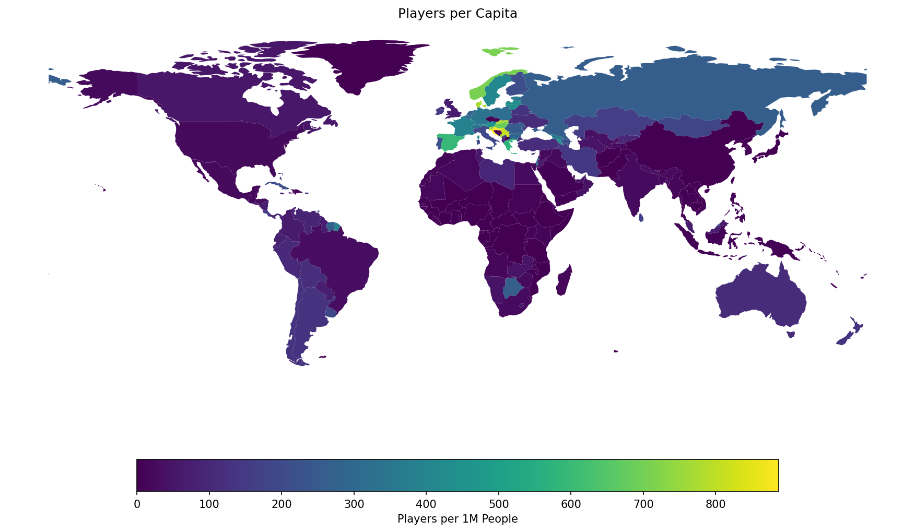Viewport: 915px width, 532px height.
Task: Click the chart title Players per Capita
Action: (458, 14)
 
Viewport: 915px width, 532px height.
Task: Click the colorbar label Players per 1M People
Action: (458, 519)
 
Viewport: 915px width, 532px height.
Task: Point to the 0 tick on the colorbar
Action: (137, 504)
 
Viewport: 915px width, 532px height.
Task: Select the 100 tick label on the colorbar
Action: (209, 504)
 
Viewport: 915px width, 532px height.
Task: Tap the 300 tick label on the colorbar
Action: (354, 504)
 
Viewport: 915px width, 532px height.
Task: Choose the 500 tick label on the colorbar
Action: (498, 504)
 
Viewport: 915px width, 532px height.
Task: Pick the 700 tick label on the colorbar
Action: (643, 504)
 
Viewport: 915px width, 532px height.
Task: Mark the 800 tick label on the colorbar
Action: (715, 504)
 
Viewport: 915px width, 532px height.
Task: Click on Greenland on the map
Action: (366, 63)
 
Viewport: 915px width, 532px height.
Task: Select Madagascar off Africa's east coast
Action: (564, 281)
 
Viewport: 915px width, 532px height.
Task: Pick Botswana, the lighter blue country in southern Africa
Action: (512, 287)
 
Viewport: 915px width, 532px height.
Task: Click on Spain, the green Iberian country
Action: (449, 141)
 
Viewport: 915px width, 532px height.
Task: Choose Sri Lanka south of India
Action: (641, 218)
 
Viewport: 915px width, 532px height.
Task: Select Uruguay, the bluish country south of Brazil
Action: (331, 312)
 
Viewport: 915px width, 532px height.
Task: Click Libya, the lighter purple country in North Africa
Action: (496, 172)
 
